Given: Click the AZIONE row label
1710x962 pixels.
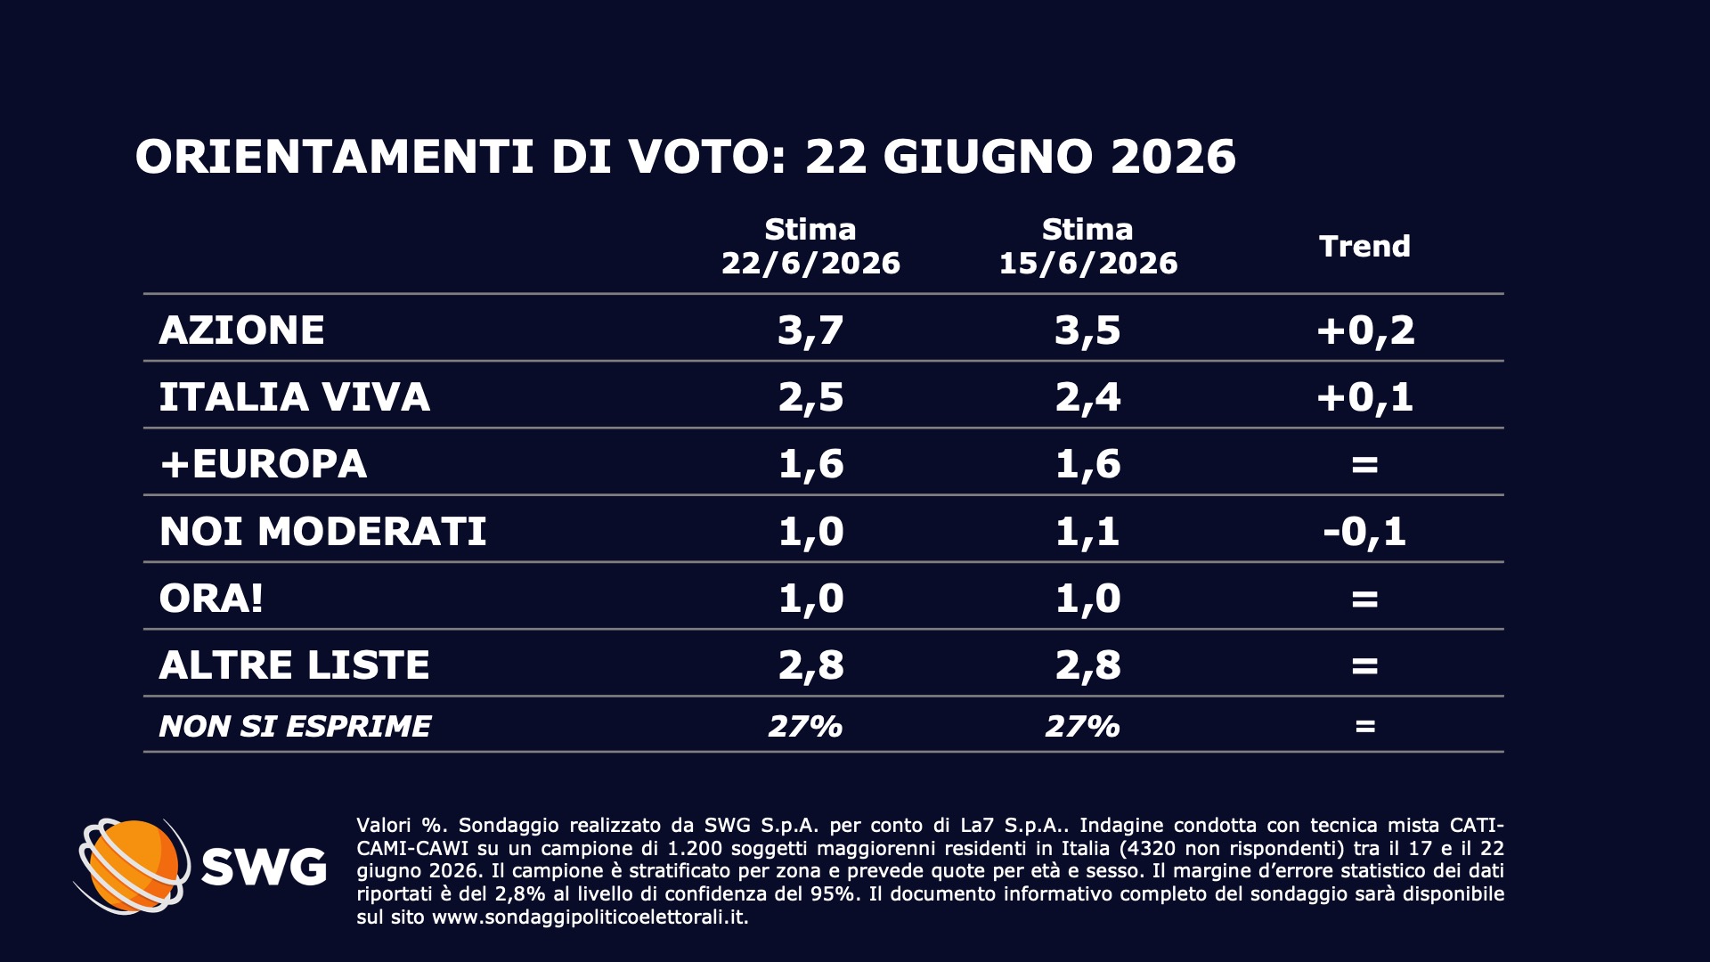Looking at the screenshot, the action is coord(241,330).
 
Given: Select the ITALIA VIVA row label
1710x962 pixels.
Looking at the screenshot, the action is coord(294,397).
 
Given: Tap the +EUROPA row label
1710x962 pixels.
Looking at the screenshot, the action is coord(263,464).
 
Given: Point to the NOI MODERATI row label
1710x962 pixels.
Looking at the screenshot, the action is coord(322,532).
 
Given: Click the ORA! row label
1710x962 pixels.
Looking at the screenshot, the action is coord(211,599).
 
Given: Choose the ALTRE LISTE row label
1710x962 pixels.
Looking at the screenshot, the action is coord(294,665).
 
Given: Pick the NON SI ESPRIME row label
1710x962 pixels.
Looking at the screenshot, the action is coord(295,727).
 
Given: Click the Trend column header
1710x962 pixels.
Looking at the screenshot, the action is coord(1364,247).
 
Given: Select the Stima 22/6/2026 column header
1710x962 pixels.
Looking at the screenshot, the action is coord(810,247).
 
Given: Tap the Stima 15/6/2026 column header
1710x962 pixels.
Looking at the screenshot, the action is coord(1087,247).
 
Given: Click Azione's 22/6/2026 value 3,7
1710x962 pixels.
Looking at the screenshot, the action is coord(810,330).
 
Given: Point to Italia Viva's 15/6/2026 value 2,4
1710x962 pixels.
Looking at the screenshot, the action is coord(1087,397).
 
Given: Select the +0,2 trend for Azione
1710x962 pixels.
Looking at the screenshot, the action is coord(1364,330).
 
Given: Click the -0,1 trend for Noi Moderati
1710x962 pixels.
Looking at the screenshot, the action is coord(1364,532).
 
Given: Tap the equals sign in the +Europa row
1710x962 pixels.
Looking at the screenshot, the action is coord(1364,465).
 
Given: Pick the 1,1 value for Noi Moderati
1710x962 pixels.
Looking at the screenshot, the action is coord(1087,532).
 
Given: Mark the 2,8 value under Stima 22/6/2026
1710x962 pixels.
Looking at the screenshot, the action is coord(810,665).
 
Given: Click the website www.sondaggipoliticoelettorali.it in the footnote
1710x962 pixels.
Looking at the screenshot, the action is coord(589,917).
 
